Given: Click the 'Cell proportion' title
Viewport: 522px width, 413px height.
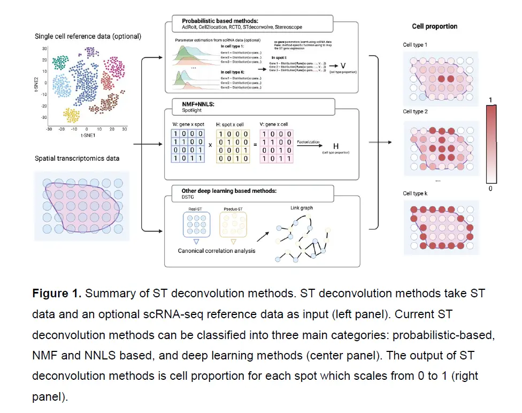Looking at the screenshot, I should pos(434,26).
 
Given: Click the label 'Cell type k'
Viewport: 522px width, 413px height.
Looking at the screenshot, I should pos(415,193).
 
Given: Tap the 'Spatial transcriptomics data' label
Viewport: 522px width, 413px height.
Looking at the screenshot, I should pos(77,159).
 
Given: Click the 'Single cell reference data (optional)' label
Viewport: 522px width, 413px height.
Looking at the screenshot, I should pos(88,36).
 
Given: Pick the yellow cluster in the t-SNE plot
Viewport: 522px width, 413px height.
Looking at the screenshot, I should pos(73,114).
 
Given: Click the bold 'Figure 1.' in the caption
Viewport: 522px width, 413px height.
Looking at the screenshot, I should pos(57,294).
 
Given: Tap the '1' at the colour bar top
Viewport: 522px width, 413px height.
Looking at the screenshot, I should pos(491,100).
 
